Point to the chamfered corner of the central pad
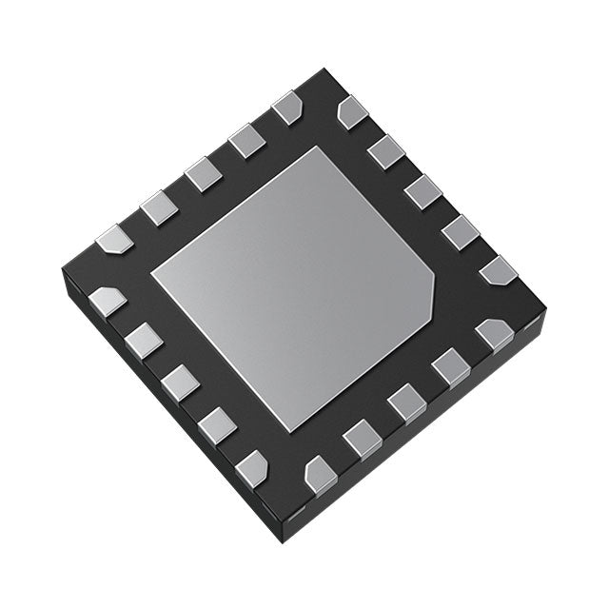click(x=429, y=290)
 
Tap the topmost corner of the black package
click(x=324, y=69)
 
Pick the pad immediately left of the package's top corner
click(x=287, y=108)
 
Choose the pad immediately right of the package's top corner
click(x=352, y=113)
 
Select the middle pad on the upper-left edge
click(x=203, y=174)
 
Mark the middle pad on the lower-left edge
click(x=180, y=383)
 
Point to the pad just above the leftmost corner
click(x=114, y=238)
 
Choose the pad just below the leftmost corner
click(x=107, y=302)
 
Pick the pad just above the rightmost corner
click(x=497, y=269)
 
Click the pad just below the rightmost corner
click(x=494, y=334)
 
